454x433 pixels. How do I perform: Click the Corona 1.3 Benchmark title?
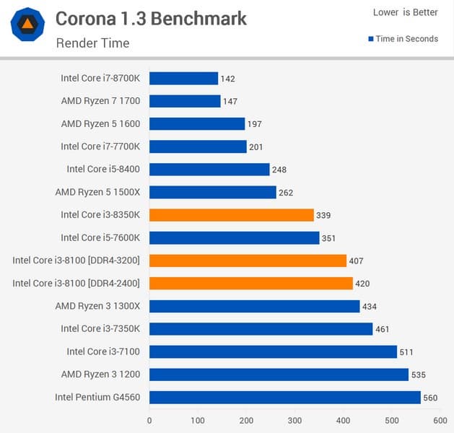[x=151, y=19]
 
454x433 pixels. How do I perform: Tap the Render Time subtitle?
[x=92, y=43]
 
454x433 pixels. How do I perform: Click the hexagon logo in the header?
[x=27, y=25]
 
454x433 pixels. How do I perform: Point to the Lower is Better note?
[x=405, y=12]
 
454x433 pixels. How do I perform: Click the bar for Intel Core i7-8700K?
[x=183, y=79]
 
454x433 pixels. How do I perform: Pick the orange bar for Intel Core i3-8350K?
[x=231, y=215]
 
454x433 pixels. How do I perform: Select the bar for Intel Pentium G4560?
[x=284, y=397]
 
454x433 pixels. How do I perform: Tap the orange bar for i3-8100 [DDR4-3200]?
[x=248, y=261]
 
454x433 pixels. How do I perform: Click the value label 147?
[x=230, y=102]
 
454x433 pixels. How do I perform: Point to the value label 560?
[x=431, y=398]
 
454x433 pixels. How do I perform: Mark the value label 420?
[x=363, y=284]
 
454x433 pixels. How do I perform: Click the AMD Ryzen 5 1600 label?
[x=100, y=124]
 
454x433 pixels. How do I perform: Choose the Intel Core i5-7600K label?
[x=100, y=237]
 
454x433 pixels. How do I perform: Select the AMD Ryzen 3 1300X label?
[x=97, y=306]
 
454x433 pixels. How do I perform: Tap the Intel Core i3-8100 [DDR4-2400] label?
[x=76, y=283]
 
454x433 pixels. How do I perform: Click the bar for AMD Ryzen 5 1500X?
[x=212, y=192]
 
